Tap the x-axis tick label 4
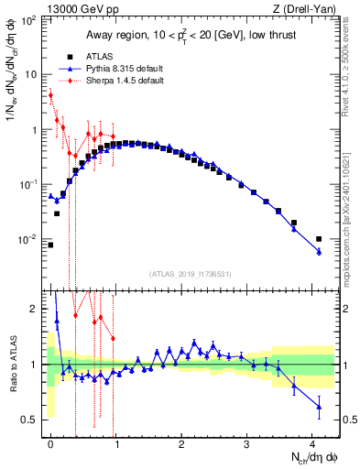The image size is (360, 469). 312,443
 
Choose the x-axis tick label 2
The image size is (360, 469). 182,443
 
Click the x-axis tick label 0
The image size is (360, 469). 51,443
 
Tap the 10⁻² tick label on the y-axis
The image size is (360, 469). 28,240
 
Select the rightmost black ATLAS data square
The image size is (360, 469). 319,239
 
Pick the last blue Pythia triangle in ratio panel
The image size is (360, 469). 319,406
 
